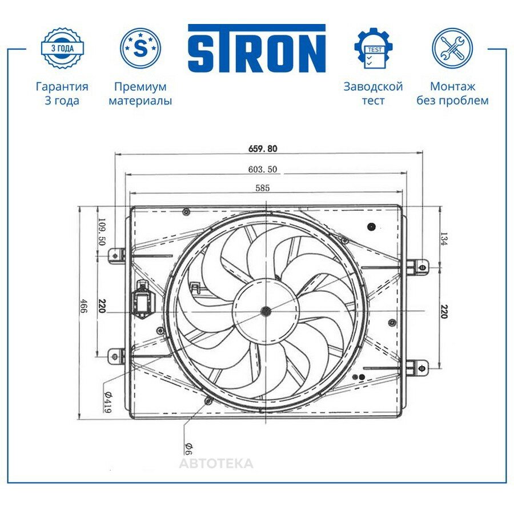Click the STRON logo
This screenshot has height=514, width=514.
[x=256, y=48]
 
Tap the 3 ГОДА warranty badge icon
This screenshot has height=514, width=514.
[x=62, y=49]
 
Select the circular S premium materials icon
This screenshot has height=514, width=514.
[x=140, y=48]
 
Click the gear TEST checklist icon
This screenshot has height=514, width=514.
[x=374, y=48]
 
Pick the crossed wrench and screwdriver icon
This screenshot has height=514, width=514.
[x=452, y=48]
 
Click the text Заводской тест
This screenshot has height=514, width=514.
[x=374, y=94]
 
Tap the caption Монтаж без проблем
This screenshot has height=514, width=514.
[x=452, y=94]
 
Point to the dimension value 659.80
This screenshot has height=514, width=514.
[x=263, y=148]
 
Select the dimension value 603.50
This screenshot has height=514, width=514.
[x=263, y=169]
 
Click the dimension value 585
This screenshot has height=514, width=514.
[x=263, y=188]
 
